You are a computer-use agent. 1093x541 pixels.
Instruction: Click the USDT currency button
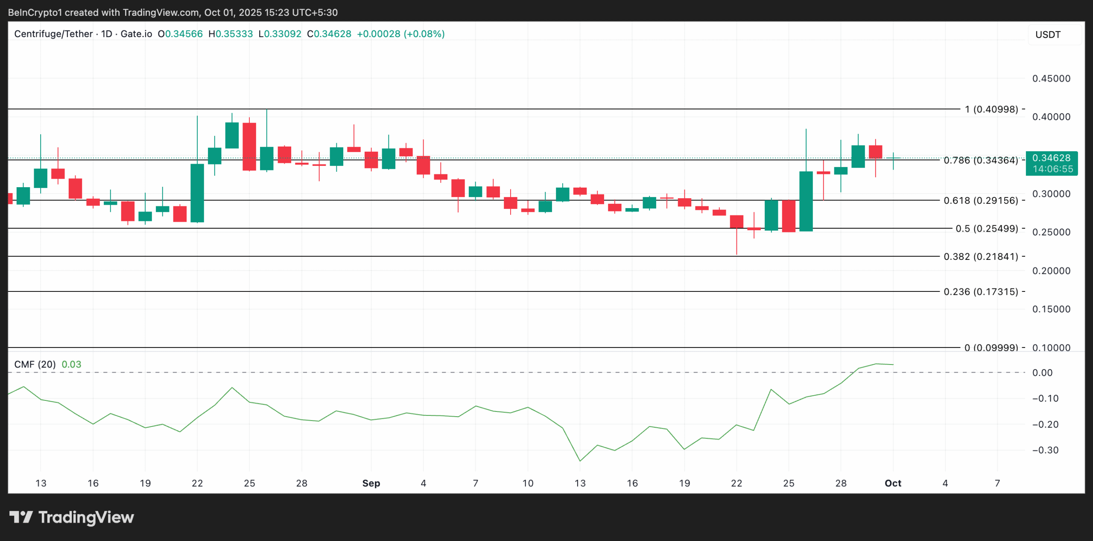(1048, 35)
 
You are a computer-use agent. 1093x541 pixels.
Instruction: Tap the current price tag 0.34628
(1051, 158)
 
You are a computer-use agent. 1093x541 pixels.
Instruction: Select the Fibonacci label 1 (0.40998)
(991, 109)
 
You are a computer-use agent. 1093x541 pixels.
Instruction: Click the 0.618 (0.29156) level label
(981, 200)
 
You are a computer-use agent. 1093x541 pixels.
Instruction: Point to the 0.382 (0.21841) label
(981, 256)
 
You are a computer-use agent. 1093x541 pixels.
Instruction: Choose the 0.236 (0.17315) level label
(981, 292)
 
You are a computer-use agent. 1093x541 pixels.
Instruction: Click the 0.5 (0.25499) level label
(986, 229)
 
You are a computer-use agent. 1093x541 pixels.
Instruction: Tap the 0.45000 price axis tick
(1051, 79)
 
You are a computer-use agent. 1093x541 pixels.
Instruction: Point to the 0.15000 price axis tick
(1051, 309)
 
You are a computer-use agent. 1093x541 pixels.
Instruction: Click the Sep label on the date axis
(371, 483)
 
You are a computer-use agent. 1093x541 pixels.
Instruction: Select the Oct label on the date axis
(893, 483)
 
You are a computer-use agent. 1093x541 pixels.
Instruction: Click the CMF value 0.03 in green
(71, 365)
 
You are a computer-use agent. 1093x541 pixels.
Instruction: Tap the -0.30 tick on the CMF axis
(1045, 450)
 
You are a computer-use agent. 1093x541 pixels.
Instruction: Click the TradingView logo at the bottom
(72, 517)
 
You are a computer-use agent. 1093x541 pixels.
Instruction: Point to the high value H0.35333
(231, 34)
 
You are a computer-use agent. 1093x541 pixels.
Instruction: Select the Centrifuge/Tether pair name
(53, 34)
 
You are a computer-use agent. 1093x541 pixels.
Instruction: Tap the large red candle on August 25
(249, 147)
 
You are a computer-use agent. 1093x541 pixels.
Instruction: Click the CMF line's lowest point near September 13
(580, 461)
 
